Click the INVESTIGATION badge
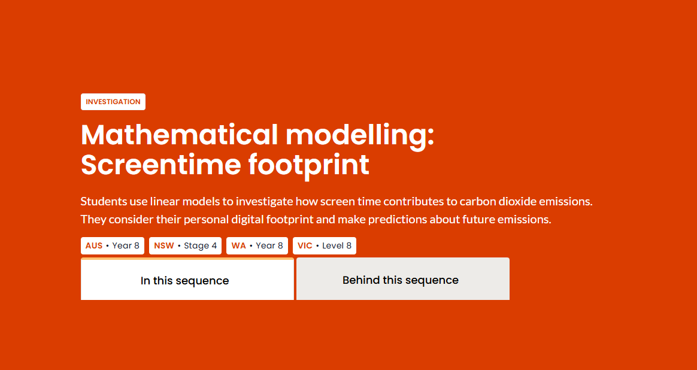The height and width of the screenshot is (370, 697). pyautogui.click(x=113, y=102)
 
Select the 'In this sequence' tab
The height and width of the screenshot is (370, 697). pyautogui.click(x=187, y=279)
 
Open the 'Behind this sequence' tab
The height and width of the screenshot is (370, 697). pyautogui.click(x=403, y=279)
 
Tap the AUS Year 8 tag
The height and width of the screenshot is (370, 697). pyautogui.click(x=113, y=245)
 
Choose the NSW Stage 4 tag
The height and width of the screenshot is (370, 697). pyautogui.click(x=186, y=245)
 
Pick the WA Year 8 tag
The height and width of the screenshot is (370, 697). pyautogui.click(x=257, y=245)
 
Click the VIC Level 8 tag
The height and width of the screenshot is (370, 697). pyautogui.click(x=325, y=245)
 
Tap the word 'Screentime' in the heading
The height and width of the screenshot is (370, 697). pyautogui.click(x=161, y=165)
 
